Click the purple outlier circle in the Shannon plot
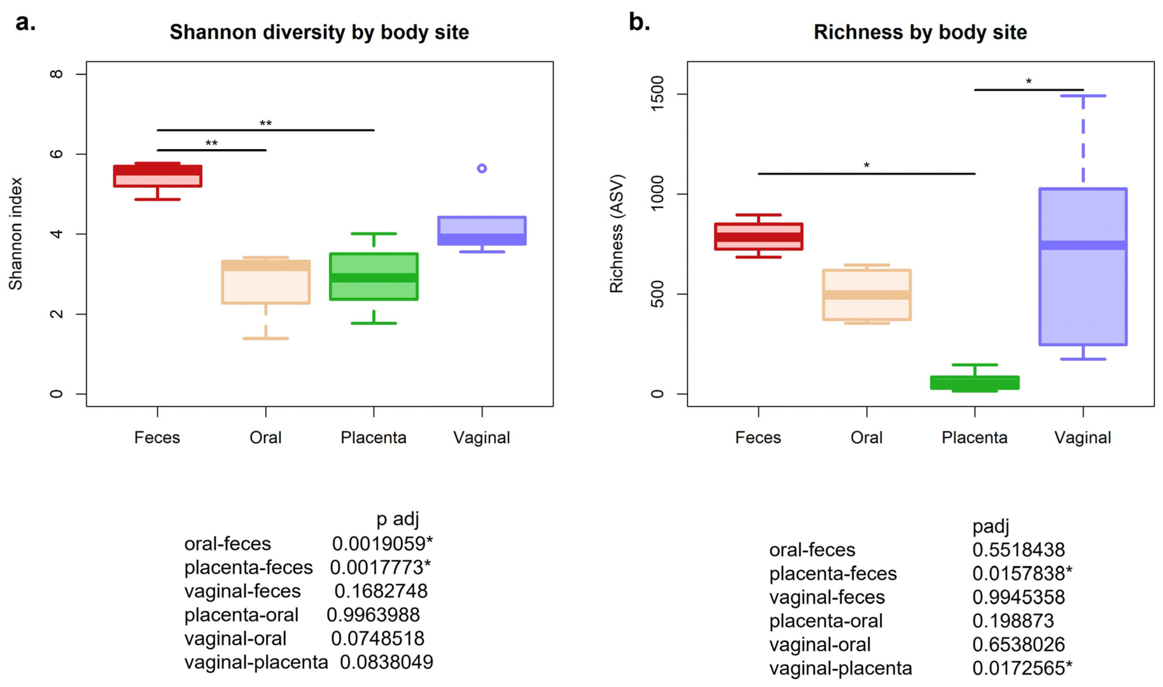(x=482, y=169)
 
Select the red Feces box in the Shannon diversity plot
(x=158, y=176)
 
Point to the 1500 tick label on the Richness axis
(x=657, y=94)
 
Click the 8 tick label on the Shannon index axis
(x=56, y=74)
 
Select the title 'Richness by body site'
(x=920, y=32)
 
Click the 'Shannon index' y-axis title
(x=15, y=234)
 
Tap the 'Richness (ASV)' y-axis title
(x=616, y=234)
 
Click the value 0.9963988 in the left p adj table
(x=373, y=615)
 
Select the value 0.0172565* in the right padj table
(x=1022, y=668)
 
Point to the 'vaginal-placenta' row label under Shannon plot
(x=256, y=662)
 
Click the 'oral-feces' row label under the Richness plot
(x=812, y=550)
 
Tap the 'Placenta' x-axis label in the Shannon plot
(x=373, y=437)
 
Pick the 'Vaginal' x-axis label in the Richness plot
(x=1082, y=437)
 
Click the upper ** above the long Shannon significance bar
(x=265, y=123)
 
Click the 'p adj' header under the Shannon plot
(x=397, y=519)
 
